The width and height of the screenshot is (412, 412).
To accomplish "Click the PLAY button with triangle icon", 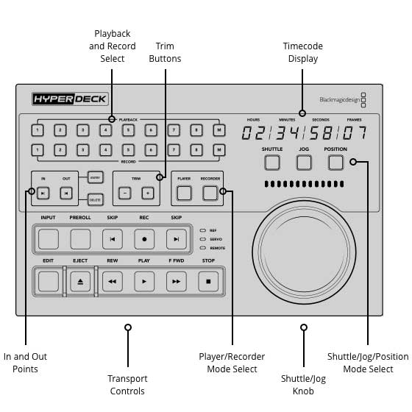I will tap(144, 281).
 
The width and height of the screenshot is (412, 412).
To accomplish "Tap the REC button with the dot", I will tap(144, 238).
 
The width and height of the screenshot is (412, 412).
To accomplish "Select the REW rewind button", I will tap(113, 281).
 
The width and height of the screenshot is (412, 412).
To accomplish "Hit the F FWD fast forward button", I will tap(177, 281).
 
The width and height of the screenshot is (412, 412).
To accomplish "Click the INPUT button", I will tap(49, 238).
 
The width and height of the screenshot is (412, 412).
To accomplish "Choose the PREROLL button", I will tap(80, 238).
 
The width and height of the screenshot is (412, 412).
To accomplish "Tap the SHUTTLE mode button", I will tap(272, 162).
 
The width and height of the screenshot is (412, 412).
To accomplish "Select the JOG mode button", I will tap(304, 162).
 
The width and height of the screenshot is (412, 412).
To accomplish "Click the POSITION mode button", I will tap(335, 162).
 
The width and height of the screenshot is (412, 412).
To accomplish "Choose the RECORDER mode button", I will tap(210, 193).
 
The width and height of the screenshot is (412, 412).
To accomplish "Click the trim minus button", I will tap(124, 193).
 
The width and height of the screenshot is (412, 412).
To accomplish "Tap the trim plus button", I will tap(147, 193).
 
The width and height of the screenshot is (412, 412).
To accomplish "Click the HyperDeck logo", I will tap(62, 98).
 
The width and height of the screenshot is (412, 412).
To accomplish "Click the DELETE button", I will tap(94, 199).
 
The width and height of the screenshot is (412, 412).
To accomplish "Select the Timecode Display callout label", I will tap(303, 52).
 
